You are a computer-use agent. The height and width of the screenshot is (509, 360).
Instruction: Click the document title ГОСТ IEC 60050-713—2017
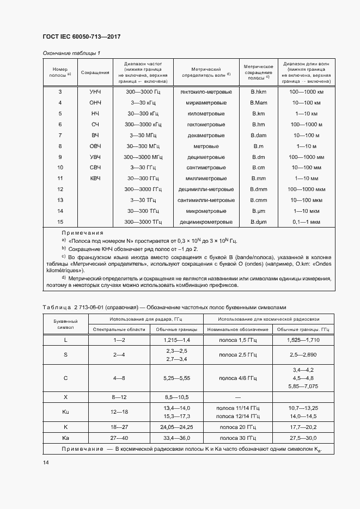click(81, 36)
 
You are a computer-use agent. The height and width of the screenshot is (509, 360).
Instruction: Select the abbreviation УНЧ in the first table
click(95, 92)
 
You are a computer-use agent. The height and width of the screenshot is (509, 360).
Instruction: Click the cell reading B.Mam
click(258, 103)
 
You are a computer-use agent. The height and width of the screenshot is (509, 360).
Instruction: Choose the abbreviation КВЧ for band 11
click(95, 179)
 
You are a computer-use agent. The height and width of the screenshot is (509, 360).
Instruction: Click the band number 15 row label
click(60, 222)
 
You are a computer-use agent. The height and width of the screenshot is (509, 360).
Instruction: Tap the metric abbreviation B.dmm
click(258, 189)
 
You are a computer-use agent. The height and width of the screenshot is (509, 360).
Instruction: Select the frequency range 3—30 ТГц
click(143, 200)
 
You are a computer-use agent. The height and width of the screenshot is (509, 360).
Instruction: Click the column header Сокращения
click(95, 72)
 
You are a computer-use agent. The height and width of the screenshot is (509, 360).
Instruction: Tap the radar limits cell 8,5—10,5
click(175, 397)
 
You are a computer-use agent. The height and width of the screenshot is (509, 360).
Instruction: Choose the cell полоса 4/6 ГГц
click(237, 377)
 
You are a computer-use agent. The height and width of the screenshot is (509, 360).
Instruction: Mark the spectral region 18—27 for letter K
click(119, 427)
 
